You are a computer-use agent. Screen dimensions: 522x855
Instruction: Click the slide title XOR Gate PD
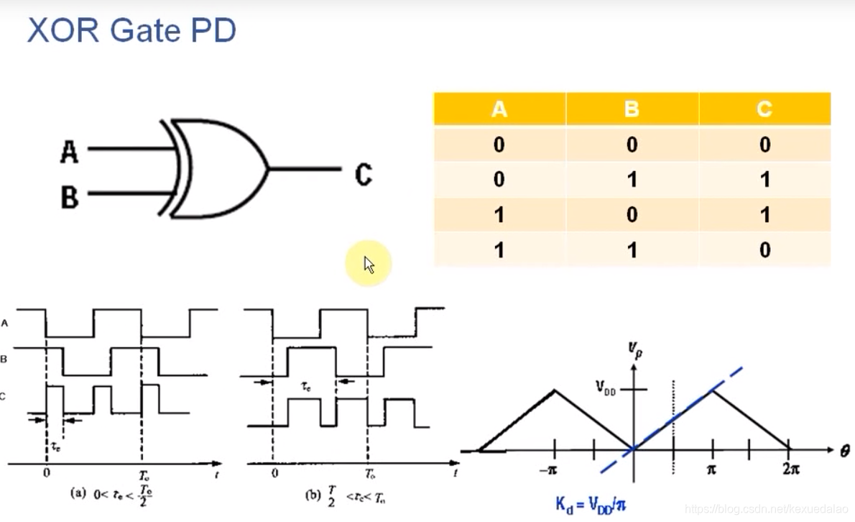coord(131,32)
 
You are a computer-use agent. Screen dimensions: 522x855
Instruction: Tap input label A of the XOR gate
coord(69,152)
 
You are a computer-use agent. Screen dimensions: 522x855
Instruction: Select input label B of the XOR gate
coord(69,196)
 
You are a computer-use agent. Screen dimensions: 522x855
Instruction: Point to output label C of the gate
coord(364,174)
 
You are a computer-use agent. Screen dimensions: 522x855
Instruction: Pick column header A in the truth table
coord(499,109)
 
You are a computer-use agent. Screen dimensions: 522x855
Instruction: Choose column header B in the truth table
coord(632,109)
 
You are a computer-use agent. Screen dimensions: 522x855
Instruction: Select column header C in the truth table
coord(764,109)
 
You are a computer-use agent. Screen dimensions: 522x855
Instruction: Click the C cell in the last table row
coord(764,249)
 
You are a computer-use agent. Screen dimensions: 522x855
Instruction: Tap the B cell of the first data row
coord(632,145)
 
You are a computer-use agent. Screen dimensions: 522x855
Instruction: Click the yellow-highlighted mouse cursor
coord(369,264)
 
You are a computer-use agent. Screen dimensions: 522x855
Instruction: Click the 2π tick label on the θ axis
coord(790,470)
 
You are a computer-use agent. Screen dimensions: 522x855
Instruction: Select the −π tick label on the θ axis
coord(554,470)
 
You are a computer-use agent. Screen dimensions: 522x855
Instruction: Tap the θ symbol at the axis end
coord(844,452)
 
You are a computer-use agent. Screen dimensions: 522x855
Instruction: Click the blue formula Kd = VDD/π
coord(591,504)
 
